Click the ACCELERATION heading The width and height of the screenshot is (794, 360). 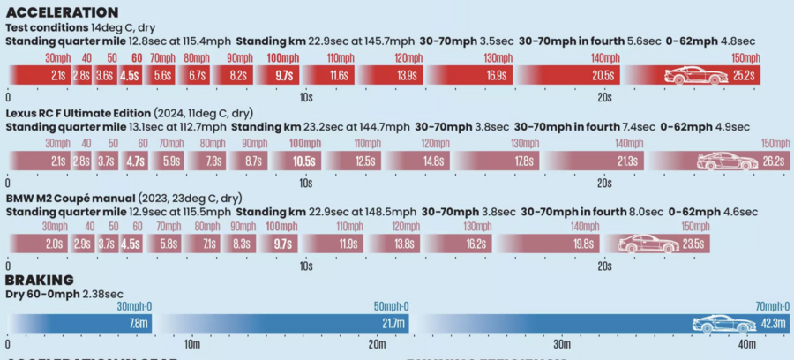pos(62,12)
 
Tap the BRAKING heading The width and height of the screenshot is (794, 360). pos(40,280)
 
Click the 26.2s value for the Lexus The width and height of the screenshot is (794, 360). pos(774,161)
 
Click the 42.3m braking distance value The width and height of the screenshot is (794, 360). pos(774,324)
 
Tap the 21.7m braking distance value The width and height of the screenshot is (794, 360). pos(394,324)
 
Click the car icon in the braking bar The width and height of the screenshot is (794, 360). pos(719,323)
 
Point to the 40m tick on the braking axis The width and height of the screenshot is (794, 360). pos(746,344)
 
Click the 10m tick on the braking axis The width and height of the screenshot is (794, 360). pos(191,344)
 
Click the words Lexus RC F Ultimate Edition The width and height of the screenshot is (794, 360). pos(78,114)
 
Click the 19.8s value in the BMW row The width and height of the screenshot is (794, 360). pos(582,244)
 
